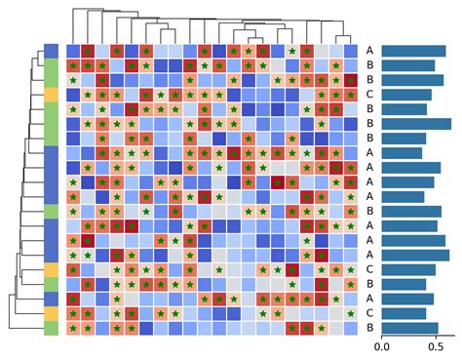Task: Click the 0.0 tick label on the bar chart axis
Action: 381,346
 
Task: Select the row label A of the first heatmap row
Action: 369,51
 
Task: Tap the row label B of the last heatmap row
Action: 369,329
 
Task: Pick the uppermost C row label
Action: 369,95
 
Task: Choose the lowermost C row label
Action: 369,314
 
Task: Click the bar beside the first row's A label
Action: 413,51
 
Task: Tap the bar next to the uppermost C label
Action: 406,95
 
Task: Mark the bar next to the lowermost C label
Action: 404,314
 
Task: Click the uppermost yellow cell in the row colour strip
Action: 52,95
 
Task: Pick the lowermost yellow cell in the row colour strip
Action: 52,314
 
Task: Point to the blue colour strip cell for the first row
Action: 52,51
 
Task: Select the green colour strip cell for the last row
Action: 52,329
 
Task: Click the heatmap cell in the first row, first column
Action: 74,51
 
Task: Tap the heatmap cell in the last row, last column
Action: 351,329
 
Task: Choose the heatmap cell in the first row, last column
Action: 351,51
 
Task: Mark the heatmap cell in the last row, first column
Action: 74,329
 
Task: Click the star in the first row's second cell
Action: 89,51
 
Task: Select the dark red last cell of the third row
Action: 351,80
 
